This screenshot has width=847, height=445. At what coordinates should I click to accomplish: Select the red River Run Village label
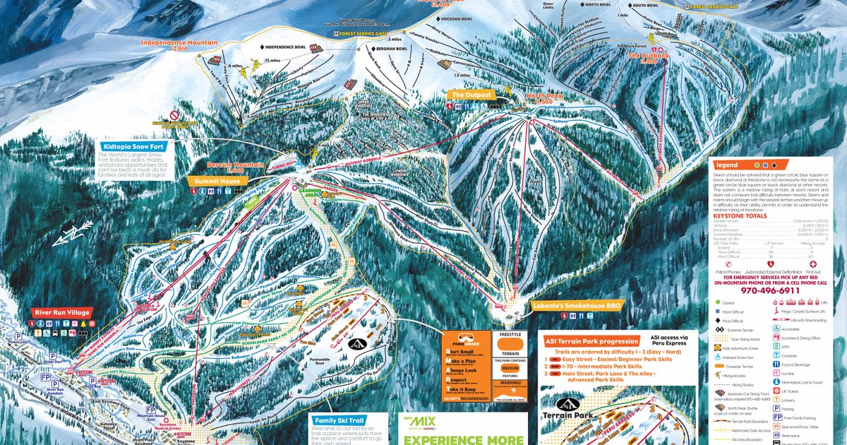(63, 312)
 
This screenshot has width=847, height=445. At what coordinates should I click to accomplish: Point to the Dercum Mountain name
(235, 165)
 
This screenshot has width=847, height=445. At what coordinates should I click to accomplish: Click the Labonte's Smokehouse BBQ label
(577, 306)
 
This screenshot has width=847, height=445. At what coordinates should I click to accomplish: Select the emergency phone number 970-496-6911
(775, 290)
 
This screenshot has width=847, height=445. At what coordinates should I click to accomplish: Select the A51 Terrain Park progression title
(591, 341)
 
